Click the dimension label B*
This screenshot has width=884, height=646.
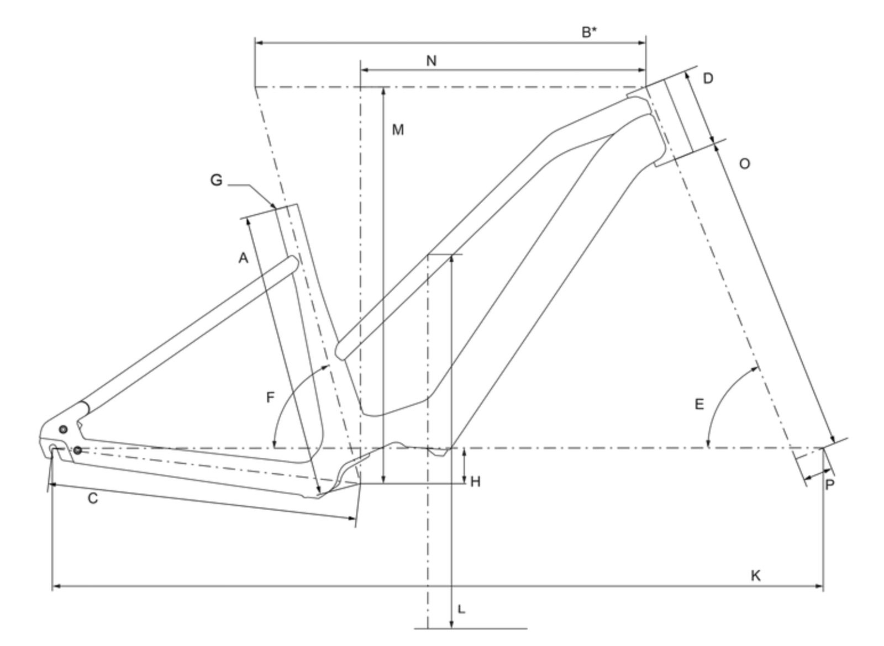tap(589, 32)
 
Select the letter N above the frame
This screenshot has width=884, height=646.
tap(432, 61)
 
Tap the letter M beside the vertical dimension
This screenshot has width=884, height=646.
tap(398, 130)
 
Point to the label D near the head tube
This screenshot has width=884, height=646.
tap(708, 78)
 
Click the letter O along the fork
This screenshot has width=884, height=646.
tap(744, 164)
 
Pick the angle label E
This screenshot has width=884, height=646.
tap(699, 405)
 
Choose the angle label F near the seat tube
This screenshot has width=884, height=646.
tap(270, 397)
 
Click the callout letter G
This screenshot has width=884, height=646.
tap(216, 180)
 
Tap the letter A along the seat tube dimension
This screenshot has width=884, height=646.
tap(243, 257)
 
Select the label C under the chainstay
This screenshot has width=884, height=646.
tap(93, 499)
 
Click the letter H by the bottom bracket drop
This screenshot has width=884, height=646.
tap(475, 482)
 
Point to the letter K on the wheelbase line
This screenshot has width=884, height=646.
tap(755, 576)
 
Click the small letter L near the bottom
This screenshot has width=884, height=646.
tap(461, 610)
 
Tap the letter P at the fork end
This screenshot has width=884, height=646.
tap(830, 485)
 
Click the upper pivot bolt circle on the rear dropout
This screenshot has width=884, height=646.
tap(63, 429)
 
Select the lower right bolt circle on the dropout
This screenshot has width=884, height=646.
tap(78, 451)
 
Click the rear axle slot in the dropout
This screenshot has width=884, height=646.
tap(54, 448)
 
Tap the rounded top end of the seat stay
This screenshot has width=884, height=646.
tap(293, 263)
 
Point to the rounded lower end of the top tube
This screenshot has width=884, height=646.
tap(341, 351)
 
